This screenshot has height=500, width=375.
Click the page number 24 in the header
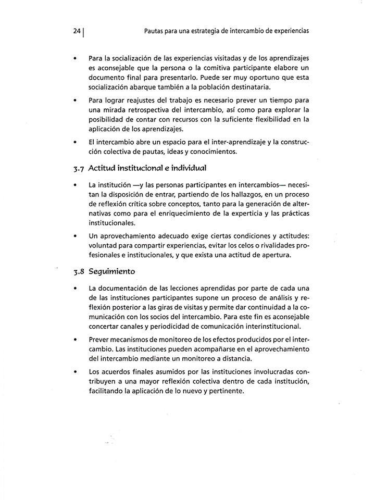(77, 31)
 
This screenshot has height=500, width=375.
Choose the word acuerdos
(119, 373)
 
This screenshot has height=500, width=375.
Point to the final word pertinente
(226, 392)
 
